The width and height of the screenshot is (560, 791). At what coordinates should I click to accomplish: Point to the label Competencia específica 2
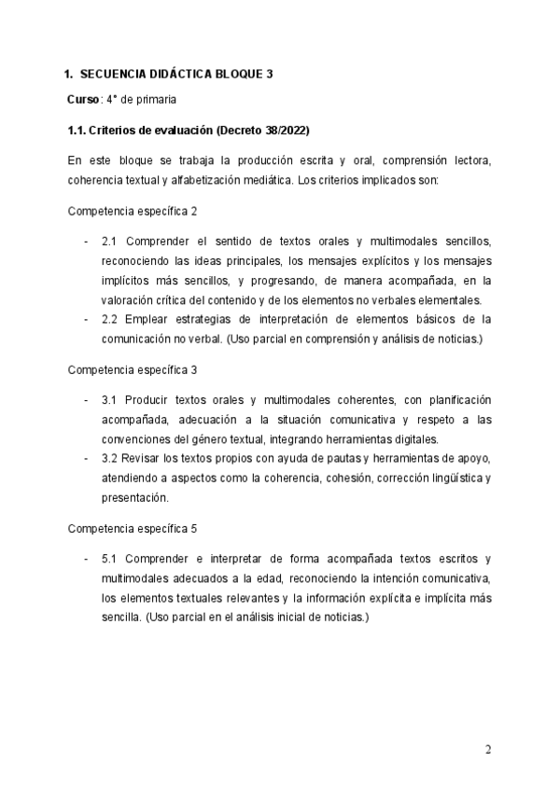click(x=133, y=212)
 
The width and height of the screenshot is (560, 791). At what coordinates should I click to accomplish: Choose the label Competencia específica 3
click(x=133, y=369)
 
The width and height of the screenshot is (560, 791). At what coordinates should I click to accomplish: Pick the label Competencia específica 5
click(x=133, y=528)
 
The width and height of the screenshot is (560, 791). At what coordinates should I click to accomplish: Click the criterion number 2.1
click(x=110, y=242)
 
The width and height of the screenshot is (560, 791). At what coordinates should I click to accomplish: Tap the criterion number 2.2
click(x=110, y=321)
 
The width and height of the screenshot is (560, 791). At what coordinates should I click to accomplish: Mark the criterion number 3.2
click(x=110, y=459)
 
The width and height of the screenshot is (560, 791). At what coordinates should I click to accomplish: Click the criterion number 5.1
click(x=110, y=559)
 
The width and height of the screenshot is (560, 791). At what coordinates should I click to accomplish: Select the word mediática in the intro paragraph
click(x=263, y=181)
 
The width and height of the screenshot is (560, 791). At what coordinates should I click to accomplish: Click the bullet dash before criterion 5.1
click(x=86, y=559)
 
